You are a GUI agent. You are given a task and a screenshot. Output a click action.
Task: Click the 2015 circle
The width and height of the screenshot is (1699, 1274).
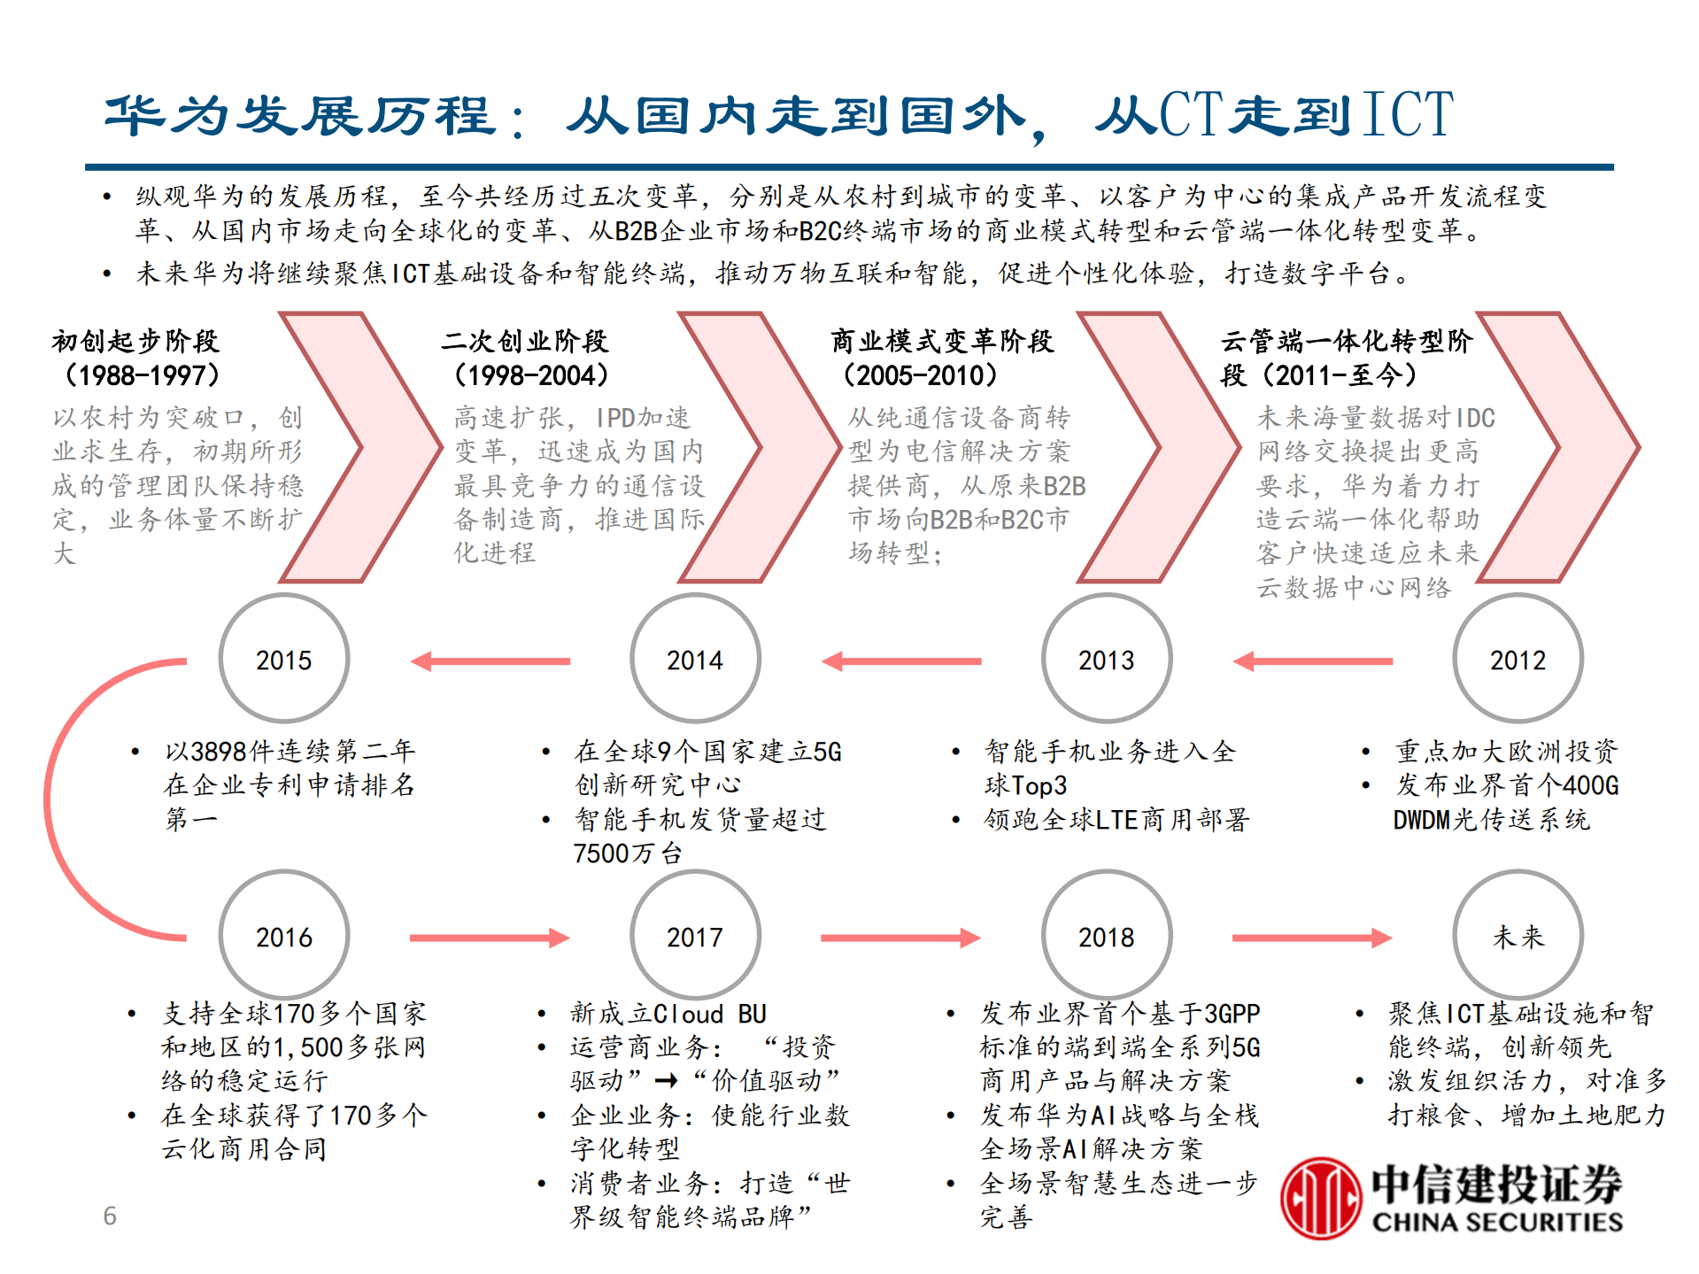[x=284, y=660]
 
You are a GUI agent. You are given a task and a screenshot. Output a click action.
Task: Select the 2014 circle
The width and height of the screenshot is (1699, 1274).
[x=695, y=660]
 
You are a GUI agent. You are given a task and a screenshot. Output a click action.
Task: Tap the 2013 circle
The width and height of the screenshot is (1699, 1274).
[x=1107, y=660]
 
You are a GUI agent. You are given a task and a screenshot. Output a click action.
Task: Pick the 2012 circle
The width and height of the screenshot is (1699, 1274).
[x=1518, y=660]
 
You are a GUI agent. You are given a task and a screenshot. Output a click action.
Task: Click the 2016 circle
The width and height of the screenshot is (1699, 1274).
[x=284, y=937]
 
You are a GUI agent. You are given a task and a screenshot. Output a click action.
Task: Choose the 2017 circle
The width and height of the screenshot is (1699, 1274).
[x=695, y=937]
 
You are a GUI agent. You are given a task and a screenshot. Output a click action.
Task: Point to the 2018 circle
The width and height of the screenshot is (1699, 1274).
[x=1107, y=937]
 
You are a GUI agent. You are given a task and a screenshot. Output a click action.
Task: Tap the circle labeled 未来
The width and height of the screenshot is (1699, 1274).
[x=1518, y=937]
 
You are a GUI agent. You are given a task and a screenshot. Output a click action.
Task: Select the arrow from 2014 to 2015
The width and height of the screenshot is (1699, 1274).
[x=490, y=661]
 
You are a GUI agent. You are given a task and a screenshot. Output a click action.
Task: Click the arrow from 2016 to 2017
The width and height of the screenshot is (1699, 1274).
[x=489, y=938]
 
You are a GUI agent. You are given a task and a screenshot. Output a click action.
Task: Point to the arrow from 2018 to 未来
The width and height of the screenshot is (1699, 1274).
[x=1311, y=938]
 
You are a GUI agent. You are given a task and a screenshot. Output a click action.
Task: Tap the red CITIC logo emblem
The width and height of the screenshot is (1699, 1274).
[x=1320, y=1198]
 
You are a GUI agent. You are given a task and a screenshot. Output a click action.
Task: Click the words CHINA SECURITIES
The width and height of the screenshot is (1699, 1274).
[x=1497, y=1223]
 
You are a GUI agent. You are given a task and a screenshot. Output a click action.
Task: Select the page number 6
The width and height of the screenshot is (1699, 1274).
[x=110, y=1216]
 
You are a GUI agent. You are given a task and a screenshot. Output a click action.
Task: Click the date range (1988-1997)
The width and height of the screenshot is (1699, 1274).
[x=142, y=375]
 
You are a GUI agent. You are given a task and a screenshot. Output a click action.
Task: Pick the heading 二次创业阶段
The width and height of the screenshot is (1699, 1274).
[x=525, y=341]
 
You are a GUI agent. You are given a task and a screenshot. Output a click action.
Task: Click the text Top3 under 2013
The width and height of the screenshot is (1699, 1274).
[x=1039, y=785]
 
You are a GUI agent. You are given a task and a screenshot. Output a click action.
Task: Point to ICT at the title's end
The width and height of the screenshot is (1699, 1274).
[x=1408, y=114]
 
